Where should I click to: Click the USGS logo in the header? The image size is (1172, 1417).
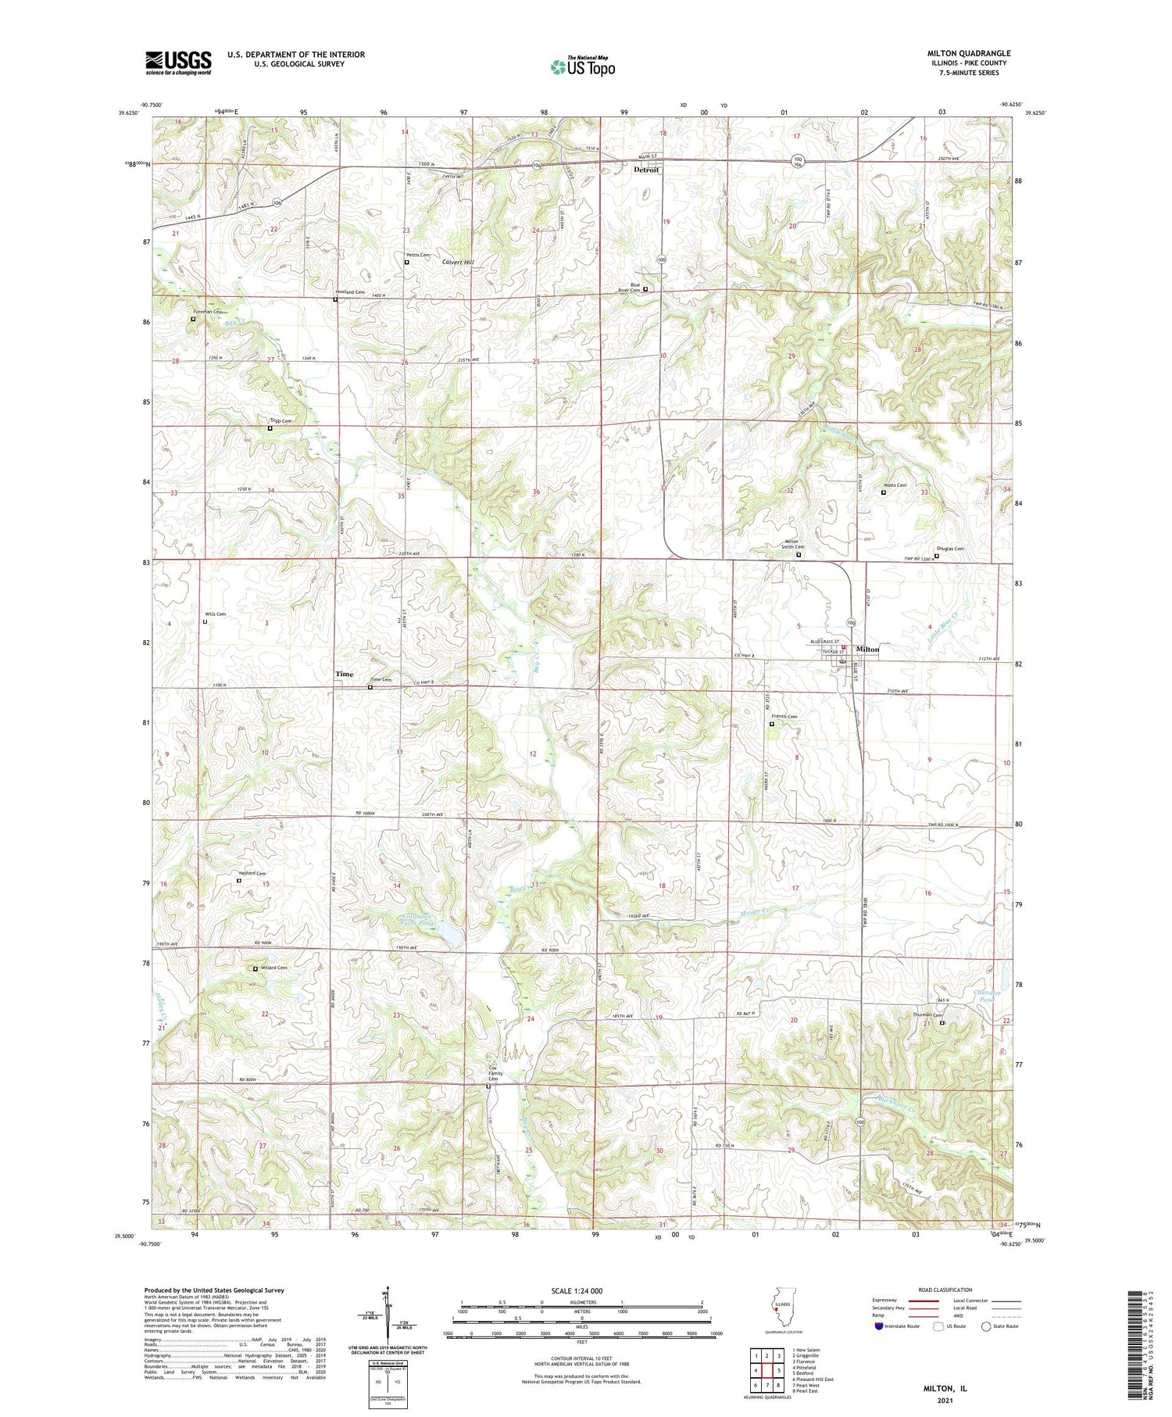tap(178, 63)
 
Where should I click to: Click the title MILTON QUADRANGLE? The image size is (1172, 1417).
tap(968, 54)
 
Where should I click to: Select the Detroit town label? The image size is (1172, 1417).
tap(646, 170)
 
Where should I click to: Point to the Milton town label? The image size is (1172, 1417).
tap(867, 649)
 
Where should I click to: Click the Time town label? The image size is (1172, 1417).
tap(345, 674)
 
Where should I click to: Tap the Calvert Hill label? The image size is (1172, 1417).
tap(459, 263)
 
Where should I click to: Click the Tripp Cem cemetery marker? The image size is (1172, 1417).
tap(270, 428)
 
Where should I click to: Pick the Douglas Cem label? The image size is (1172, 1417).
tap(950, 549)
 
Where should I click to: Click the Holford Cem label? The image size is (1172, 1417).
tap(252, 874)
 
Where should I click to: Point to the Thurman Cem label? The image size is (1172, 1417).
tap(927, 1016)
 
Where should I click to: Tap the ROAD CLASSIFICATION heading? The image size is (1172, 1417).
tap(945, 1290)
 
